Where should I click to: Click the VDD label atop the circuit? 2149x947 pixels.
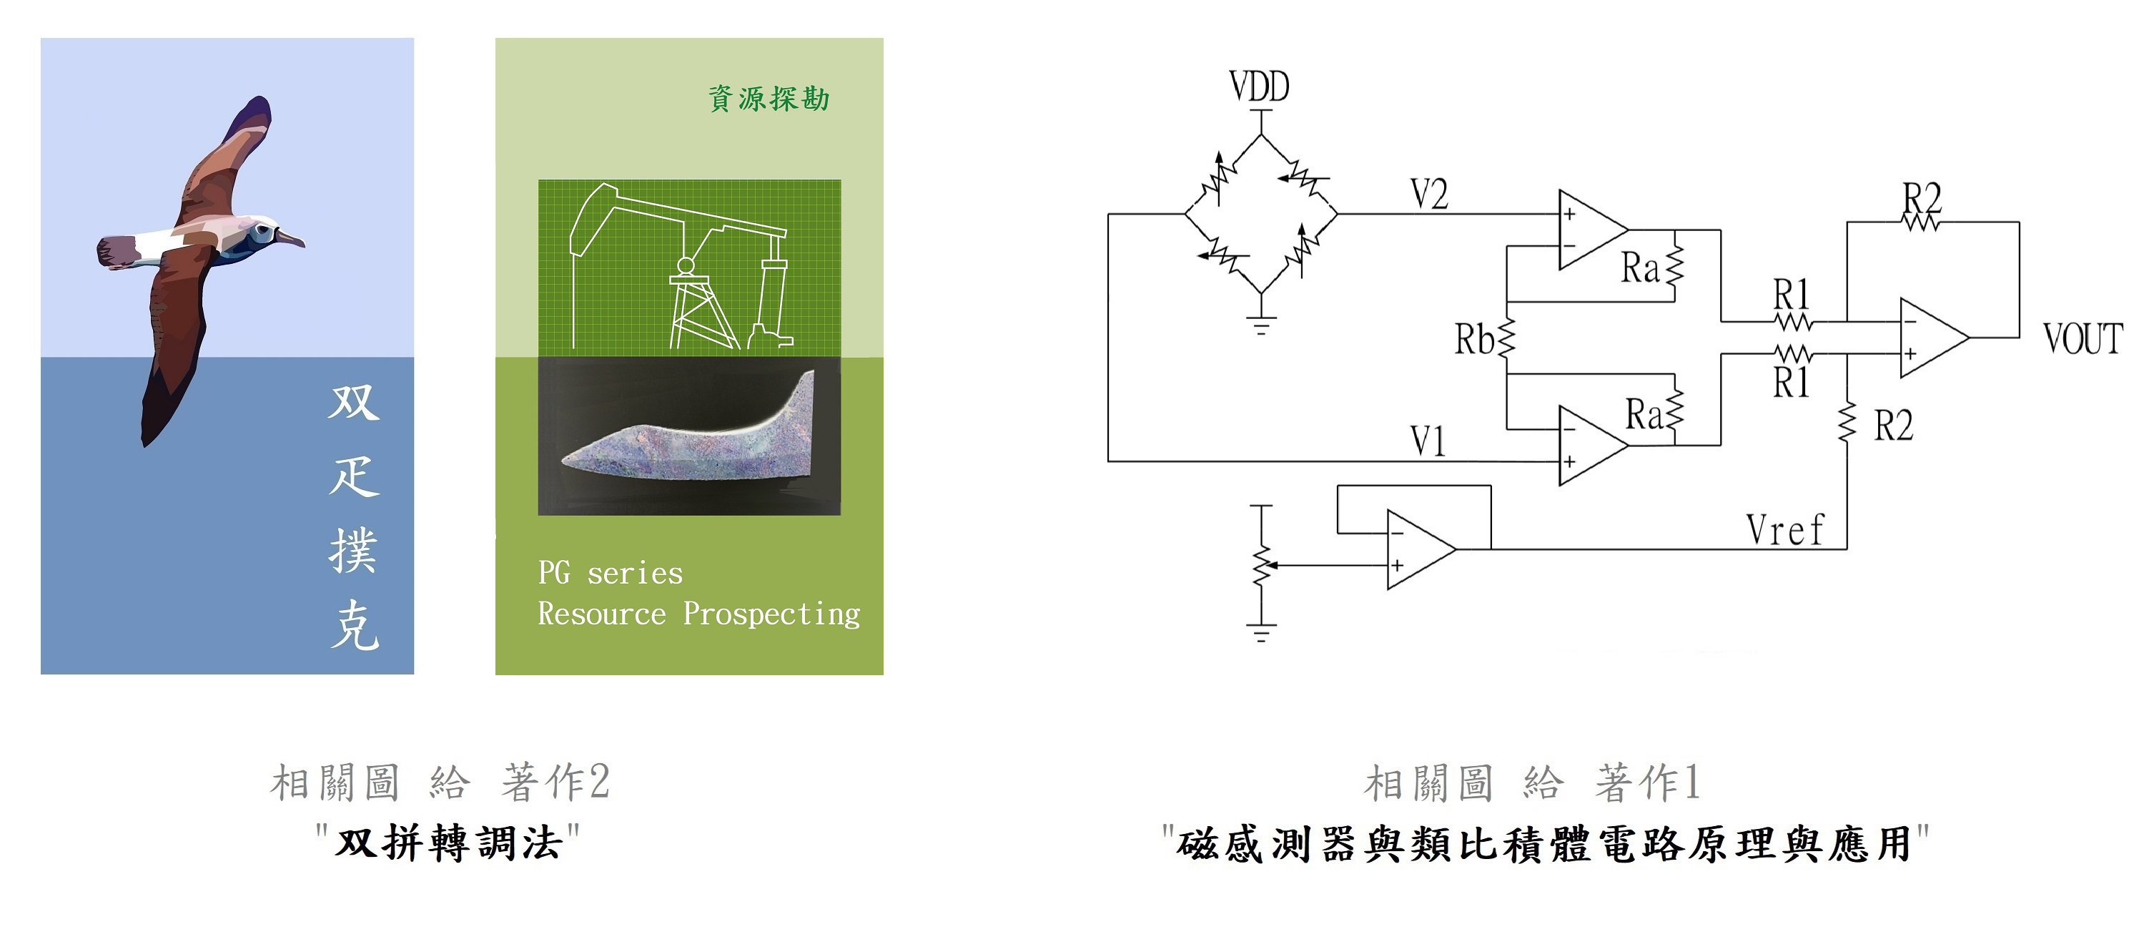pyautogui.click(x=1259, y=87)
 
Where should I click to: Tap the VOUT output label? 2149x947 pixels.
pyautogui.click(x=2083, y=339)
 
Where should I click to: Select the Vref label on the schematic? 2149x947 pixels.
pyautogui.click(x=1784, y=530)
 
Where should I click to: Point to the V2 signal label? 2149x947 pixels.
pyautogui.click(x=1429, y=195)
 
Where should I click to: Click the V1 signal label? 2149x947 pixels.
pyautogui.click(x=1428, y=441)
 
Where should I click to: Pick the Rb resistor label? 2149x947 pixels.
pyautogui.click(x=1474, y=340)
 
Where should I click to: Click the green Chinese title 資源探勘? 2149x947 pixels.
pyautogui.click(x=769, y=99)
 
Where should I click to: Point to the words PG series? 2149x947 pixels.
pyautogui.click(x=610, y=573)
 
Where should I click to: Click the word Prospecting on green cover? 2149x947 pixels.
pyautogui.click(x=771, y=614)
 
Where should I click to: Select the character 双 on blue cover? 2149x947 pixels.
pyautogui.click(x=355, y=403)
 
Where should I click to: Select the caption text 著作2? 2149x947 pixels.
pyautogui.click(x=555, y=782)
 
